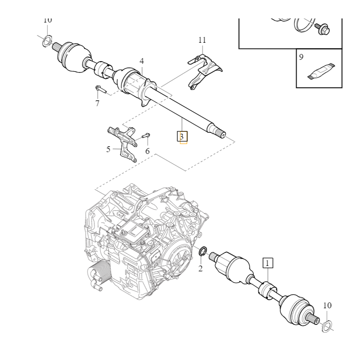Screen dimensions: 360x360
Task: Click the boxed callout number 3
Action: (182, 136)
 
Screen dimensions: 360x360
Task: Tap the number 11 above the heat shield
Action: (202, 40)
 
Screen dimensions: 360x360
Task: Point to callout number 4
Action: (142, 61)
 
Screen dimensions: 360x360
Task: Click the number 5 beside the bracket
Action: (108, 149)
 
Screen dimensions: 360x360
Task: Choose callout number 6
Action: (147, 151)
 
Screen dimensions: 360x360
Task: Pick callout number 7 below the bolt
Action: (97, 103)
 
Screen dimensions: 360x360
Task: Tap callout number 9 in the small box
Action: (301, 57)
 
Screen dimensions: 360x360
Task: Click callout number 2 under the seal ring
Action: (200, 269)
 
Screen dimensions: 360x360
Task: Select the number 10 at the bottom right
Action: (327, 306)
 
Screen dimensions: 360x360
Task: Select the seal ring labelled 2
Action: (202, 251)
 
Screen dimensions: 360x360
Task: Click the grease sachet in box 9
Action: (320, 71)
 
